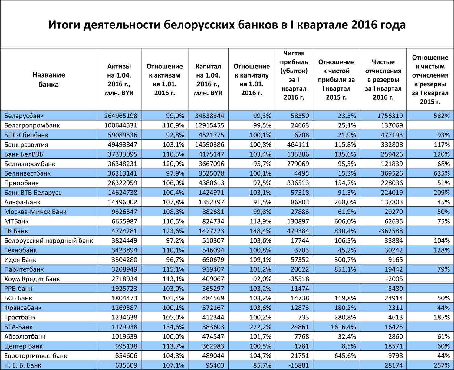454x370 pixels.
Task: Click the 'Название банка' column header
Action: (48, 80)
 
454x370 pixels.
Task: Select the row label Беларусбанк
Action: (24, 116)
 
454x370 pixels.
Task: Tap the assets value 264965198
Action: (121, 116)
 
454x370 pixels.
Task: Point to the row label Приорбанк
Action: (21, 183)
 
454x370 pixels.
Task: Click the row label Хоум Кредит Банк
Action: (32, 279)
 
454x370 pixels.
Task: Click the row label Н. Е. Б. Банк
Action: (23, 365)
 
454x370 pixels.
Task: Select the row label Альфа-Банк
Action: (22, 202)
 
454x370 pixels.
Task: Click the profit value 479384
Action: (298, 231)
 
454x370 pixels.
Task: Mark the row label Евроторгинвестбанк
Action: (36, 356)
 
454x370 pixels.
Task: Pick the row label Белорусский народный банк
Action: (49, 241)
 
